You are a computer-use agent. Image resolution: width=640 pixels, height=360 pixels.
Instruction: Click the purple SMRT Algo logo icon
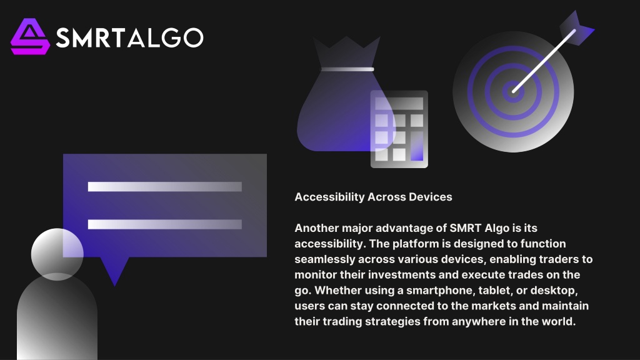click(30, 37)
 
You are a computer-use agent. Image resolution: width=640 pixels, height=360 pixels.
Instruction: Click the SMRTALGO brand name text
click(129, 37)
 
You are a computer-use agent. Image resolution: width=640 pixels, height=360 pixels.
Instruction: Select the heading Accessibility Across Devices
click(373, 197)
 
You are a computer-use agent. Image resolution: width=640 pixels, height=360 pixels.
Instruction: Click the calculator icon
click(399, 129)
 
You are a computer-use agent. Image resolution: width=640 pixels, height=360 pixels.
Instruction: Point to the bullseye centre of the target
click(513, 91)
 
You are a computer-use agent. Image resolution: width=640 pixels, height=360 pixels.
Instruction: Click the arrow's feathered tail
click(576, 27)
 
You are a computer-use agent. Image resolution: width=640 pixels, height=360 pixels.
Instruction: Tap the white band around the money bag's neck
click(347, 69)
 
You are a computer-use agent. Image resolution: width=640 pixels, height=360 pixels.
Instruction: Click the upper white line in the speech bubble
click(165, 186)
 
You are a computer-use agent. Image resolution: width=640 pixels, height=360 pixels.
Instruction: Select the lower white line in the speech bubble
click(165, 224)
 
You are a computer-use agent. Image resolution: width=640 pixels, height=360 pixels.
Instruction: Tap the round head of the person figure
click(57, 254)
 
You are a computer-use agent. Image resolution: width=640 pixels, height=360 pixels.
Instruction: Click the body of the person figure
click(57, 318)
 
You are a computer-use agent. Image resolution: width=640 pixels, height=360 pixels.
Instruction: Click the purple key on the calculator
click(417, 146)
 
